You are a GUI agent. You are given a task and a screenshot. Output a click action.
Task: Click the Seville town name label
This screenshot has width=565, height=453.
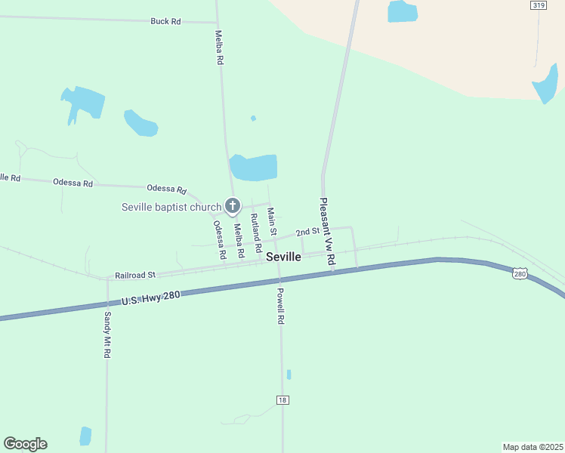(283, 257)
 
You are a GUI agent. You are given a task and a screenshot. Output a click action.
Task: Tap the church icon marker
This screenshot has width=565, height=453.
(233, 205)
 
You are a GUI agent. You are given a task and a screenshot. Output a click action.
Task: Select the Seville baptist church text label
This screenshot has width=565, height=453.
(171, 207)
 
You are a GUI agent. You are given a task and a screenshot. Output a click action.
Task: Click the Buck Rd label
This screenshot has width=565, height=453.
(165, 21)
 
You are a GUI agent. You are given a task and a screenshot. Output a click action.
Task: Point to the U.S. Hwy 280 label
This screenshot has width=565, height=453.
(150, 300)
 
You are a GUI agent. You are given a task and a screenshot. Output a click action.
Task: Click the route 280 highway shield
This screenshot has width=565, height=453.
(520, 273)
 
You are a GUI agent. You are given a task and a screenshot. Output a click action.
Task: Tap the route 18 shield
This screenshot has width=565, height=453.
(282, 400)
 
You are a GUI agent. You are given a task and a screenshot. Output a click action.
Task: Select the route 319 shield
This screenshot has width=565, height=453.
(538, 5)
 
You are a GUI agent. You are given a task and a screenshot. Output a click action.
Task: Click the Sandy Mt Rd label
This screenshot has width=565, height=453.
(108, 334)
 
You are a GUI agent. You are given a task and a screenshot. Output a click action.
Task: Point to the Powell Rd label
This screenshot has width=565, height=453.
(279, 306)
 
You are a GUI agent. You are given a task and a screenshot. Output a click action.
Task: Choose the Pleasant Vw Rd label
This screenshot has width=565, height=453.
(327, 231)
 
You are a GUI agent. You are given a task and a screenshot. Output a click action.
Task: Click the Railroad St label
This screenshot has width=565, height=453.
(134, 276)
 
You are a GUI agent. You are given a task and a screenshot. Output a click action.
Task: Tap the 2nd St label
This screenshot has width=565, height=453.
(307, 231)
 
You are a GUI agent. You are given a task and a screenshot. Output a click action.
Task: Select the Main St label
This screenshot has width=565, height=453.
(272, 221)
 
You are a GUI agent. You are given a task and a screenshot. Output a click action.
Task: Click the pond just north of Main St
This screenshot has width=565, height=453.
(254, 167)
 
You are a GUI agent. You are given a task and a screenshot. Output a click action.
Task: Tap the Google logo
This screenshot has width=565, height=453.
(25, 444)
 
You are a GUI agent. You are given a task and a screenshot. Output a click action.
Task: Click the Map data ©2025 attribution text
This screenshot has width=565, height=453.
(533, 446)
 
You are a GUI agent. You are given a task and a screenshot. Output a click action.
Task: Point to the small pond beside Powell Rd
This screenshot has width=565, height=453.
(289, 374)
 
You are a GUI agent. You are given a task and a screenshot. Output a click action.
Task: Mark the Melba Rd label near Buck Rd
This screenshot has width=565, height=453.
(220, 47)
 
